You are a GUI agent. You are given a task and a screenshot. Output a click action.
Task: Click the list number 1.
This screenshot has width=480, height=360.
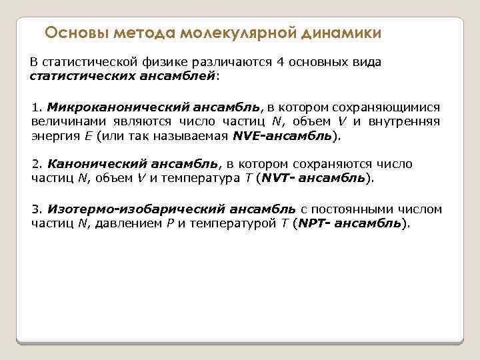point(36,107)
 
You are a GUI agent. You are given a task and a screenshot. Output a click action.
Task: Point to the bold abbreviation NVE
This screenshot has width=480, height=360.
point(247,136)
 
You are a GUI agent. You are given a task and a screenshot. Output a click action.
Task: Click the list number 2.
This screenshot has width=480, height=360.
point(36,163)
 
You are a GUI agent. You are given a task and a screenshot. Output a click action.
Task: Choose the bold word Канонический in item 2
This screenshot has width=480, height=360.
point(86,163)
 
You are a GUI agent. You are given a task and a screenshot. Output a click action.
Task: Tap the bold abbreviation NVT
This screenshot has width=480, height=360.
point(275,178)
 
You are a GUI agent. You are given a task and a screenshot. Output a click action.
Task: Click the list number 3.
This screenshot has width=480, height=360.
point(36,209)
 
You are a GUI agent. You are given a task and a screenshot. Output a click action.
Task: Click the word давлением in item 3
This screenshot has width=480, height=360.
point(127,223)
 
